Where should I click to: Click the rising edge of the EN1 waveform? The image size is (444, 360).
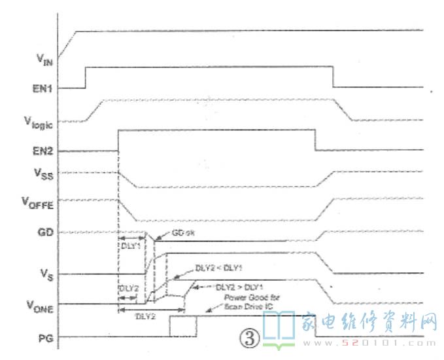[x=85, y=77]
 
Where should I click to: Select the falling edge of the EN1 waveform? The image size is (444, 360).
[x=333, y=77]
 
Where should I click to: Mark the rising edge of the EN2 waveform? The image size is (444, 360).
[x=118, y=141]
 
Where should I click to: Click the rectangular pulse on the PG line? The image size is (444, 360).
[x=182, y=326]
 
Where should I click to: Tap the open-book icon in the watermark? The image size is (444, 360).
[x=281, y=327]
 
